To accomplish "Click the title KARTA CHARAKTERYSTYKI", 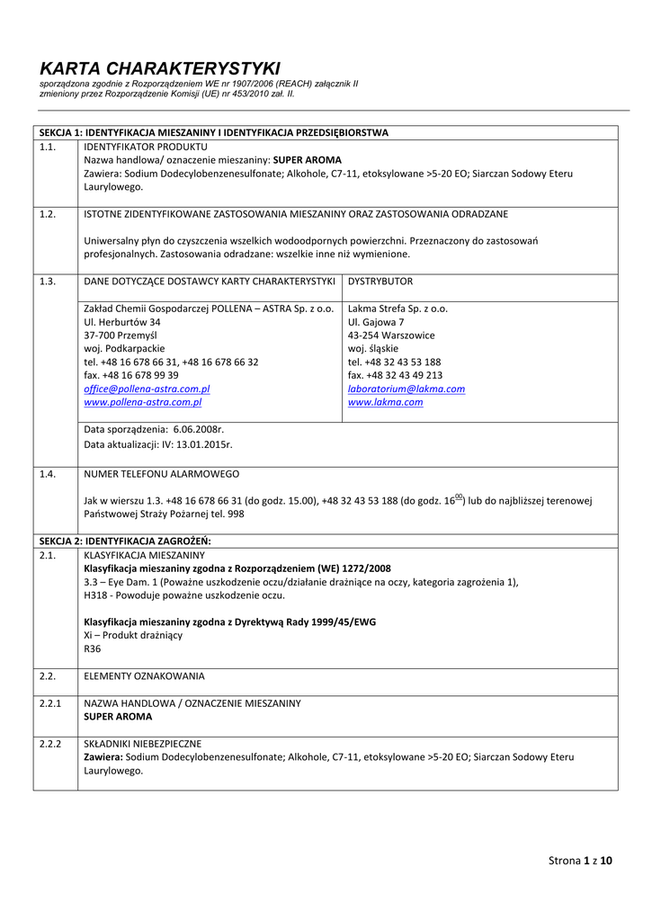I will [x=160, y=68].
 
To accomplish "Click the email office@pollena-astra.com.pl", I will [x=147, y=389].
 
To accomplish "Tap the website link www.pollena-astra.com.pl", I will [x=142, y=403].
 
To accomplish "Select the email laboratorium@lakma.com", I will [x=406, y=389].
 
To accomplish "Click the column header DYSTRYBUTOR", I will [x=380, y=282].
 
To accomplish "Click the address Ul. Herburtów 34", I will [x=122, y=322].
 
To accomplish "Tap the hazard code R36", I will [x=93, y=648].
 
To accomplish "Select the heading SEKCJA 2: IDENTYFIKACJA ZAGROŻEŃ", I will [x=125, y=541].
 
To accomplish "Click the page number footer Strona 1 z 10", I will [x=580, y=861].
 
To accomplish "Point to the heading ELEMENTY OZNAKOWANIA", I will [x=144, y=675].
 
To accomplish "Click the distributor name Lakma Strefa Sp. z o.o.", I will [x=397, y=308].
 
